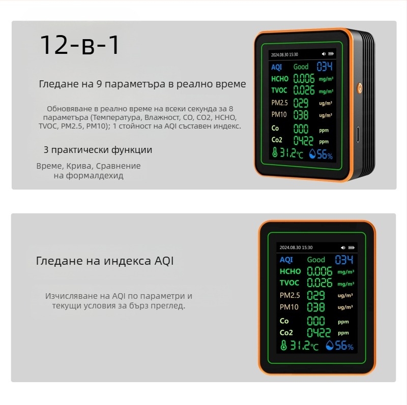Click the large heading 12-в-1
tap(80, 45)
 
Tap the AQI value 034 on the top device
tap(325, 67)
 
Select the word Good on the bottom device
tap(316, 260)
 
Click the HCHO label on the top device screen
tap(280, 79)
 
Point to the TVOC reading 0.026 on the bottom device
tap(319, 283)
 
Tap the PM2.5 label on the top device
tap(280, 103)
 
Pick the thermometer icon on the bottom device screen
tap(283, 346)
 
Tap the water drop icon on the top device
tap(312, 154)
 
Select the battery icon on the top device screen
tap(332, 53)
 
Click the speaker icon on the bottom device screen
tap(343, 247)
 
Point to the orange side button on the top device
tap(360, 88)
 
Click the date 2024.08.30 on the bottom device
tap(290, 247)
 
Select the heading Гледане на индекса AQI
tap(105, 261)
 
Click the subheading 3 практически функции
tap(98, 150)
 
